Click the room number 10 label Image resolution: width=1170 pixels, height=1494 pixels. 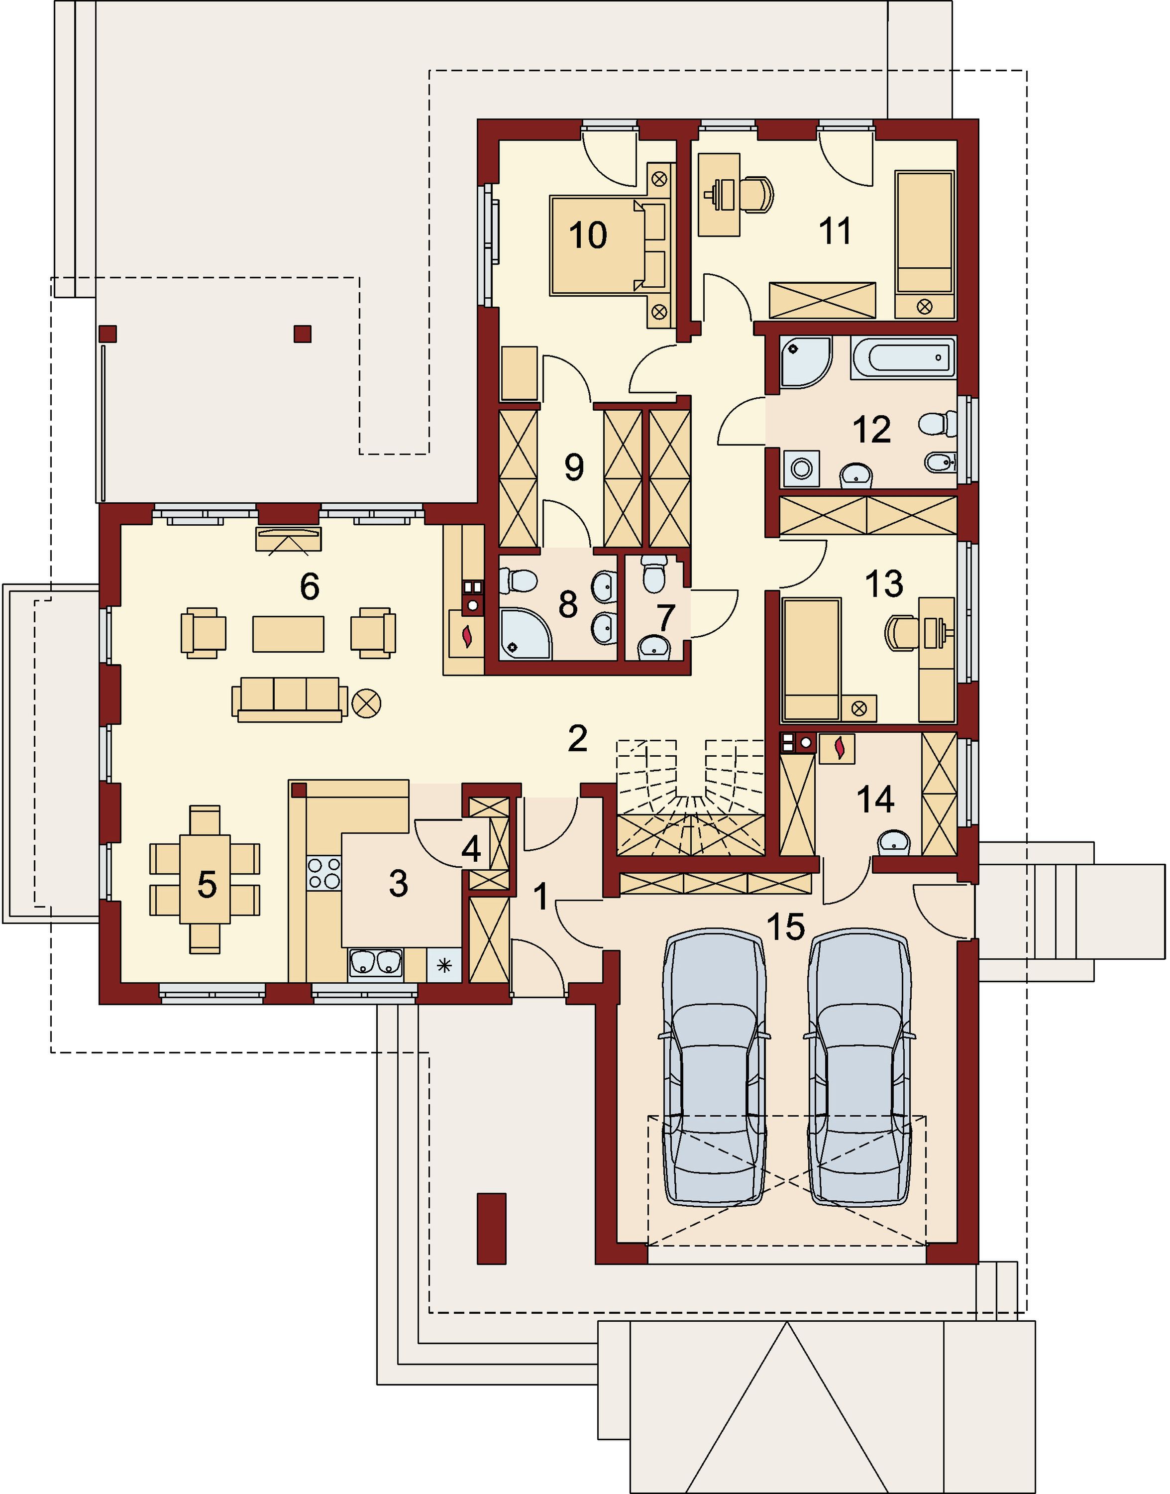click(x=588, y=235)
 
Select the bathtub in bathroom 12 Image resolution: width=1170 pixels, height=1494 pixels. click(x=902, y=357)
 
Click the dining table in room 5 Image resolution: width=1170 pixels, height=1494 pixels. click(x=205, y=879)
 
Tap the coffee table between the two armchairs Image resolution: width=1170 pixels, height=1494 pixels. click(x=288, y=633)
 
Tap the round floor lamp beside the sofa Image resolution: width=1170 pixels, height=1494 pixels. click(x=366, y=703)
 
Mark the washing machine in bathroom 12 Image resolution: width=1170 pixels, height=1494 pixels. click(x=801, y=469)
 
